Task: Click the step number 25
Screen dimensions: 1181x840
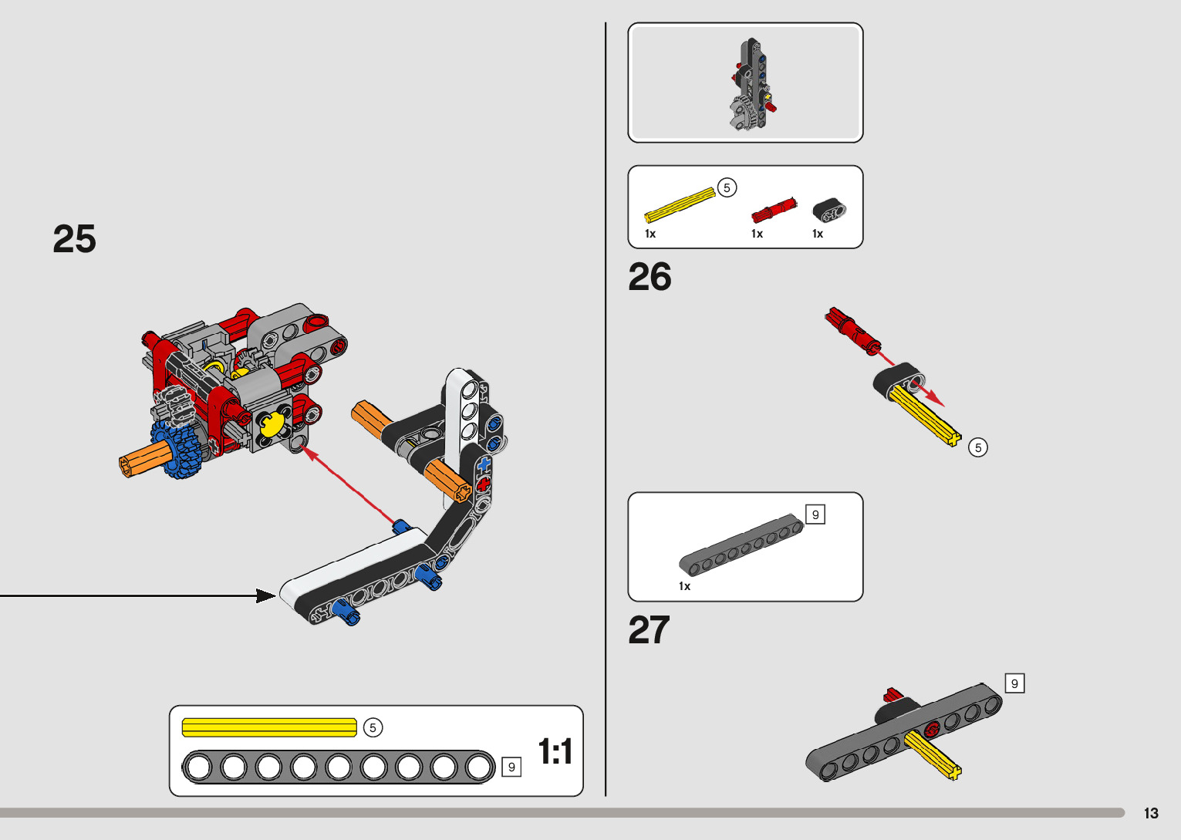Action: [74, 239]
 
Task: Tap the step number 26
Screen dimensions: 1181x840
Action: [650, 277]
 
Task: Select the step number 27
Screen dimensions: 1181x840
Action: [649, 630]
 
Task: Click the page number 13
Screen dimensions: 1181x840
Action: [1151, 814]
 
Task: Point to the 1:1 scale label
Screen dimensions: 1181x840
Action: [555, 751]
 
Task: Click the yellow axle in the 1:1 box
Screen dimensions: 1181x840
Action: [268, 727]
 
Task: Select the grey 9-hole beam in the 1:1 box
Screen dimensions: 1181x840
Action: [338, 767]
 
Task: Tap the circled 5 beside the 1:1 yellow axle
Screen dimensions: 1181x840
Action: [373, 727]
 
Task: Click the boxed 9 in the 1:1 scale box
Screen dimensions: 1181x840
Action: [511, 767]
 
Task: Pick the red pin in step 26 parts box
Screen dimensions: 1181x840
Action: [774, 209]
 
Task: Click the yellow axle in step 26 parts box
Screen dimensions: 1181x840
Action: [680, 204]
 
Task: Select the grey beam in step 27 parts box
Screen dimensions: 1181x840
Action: [741, 545]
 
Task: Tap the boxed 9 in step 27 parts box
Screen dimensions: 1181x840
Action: [815, 514]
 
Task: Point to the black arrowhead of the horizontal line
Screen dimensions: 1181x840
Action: [266, 595]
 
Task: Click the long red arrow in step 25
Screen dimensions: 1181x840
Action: [351, 486]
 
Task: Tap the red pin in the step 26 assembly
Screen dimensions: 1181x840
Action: [853, 329]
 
